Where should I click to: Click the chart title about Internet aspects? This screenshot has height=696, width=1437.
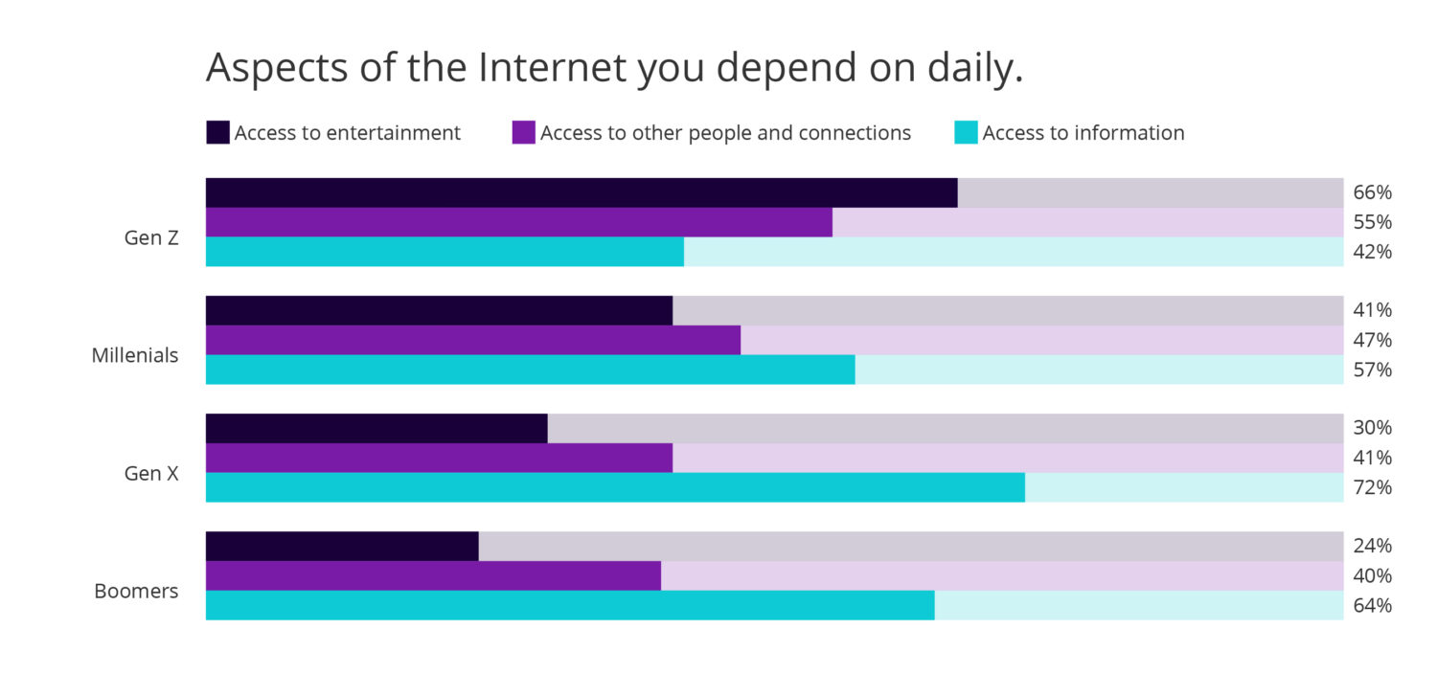(614, 68)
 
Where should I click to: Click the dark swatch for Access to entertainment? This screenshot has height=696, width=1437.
(217, 133)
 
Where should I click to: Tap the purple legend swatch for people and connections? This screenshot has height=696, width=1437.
(524, 133)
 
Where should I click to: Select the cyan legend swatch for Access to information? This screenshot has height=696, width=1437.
(967, 133)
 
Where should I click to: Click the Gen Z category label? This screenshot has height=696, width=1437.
(151, 237)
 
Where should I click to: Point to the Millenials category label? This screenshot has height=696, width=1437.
(135, 355)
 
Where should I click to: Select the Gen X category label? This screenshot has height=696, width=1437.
(151, 473)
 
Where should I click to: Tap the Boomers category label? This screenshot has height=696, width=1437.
(136, 591)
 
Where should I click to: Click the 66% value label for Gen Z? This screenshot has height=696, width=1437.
(1372, 192)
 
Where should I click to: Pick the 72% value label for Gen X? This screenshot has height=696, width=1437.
(1372, 487)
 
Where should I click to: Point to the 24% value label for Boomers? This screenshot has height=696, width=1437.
(1372, 547)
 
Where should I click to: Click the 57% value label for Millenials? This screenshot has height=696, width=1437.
(1372, 370)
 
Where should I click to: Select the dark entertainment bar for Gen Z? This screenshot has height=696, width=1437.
(582, 192)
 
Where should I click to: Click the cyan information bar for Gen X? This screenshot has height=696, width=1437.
(615, 487)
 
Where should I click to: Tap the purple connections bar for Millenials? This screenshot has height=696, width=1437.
(473, 340)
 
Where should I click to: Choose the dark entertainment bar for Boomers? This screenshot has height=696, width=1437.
(342, 547)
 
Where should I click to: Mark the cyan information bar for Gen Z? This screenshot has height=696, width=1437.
(445, 252)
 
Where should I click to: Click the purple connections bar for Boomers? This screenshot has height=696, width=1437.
(433, 576)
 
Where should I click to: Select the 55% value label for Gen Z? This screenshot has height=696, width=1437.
(1372, 222)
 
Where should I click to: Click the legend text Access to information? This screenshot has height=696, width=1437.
(1083, 133)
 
